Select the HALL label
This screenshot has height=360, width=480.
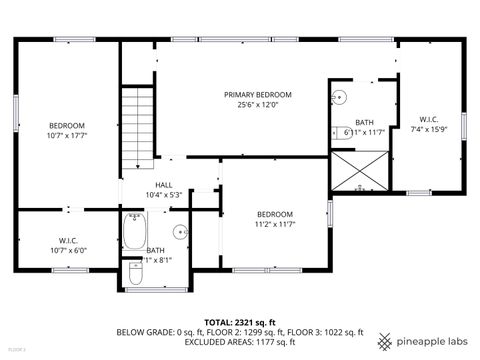[x=163, y=185]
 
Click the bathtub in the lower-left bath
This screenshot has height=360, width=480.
[x=135, y=234]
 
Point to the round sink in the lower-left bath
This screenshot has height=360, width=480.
[x=180, y=233]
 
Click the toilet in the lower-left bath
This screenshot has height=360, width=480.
[x=135, y=273]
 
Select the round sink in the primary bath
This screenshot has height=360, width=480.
[x=341, y=98]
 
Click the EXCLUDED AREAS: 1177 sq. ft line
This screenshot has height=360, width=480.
[x=240, y=341]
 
